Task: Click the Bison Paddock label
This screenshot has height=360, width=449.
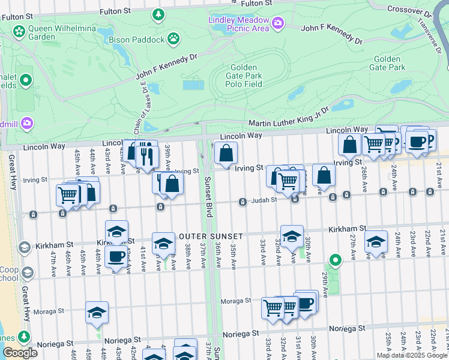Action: (136, 40)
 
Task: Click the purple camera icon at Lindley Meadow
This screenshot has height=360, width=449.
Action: (277, 23)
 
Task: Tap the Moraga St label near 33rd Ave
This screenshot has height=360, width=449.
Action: (235, 301)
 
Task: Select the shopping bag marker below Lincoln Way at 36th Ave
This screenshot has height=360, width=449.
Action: (226, 154)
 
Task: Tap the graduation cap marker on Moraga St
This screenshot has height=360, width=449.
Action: (97, 312)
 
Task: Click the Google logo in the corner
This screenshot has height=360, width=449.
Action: (20, 353)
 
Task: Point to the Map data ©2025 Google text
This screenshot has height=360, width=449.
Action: (412, 355)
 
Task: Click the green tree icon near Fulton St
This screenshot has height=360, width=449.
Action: (158, 13)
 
